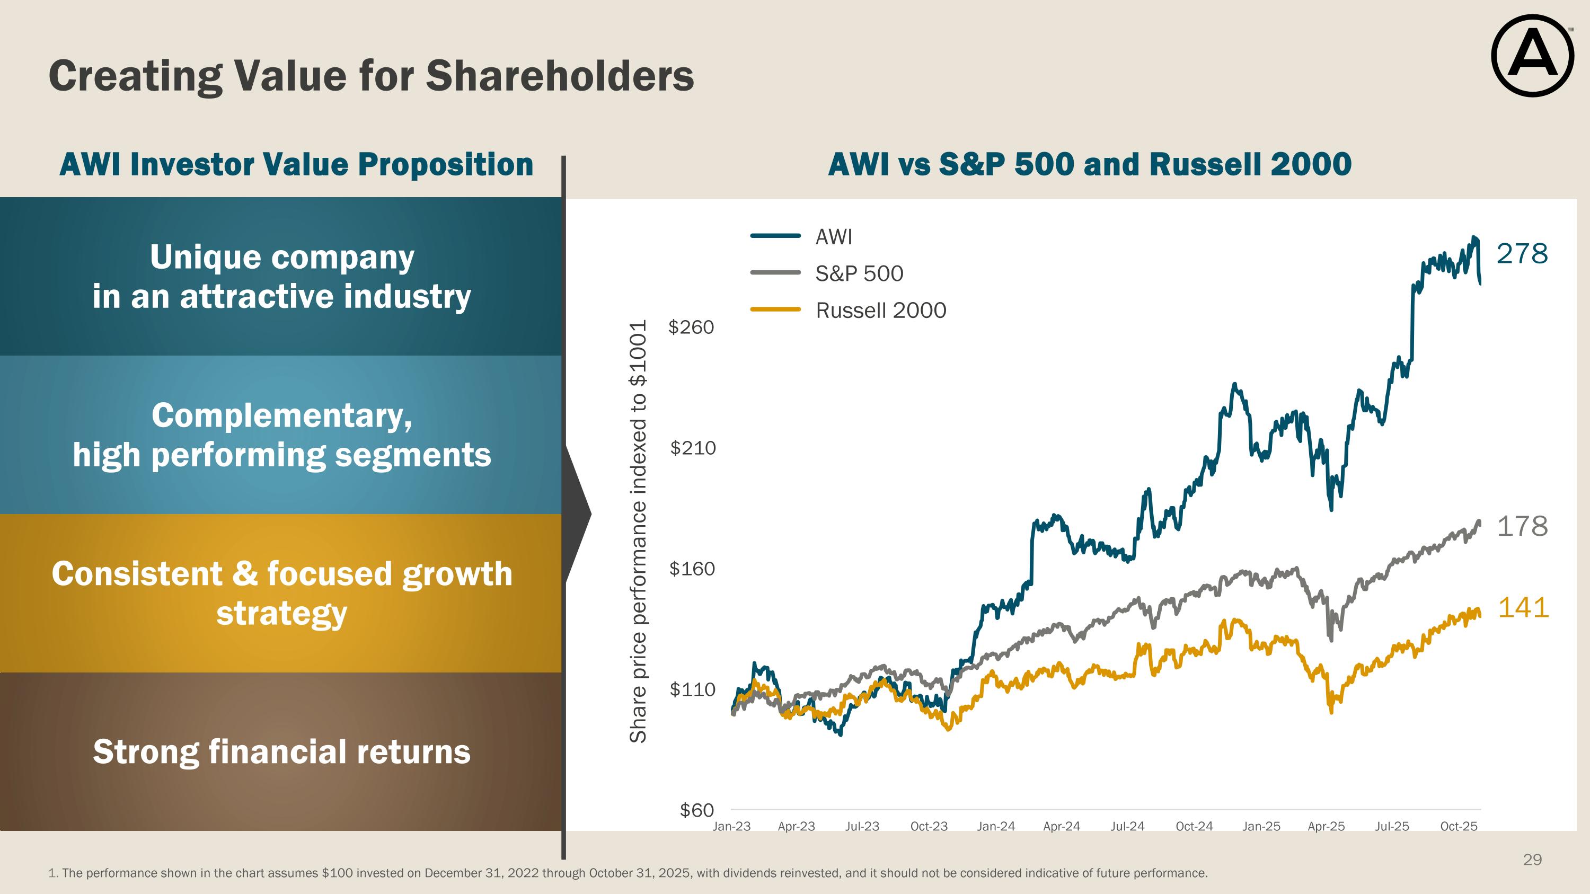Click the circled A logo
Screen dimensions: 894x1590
coord(1533,56)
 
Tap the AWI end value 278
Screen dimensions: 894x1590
coord(1522,254)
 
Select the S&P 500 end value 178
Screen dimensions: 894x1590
coord(1522,526)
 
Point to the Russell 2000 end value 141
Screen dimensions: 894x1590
coord(1523,608)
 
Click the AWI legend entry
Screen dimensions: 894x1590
coord(833,237)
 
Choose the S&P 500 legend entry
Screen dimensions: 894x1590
coord(859,273)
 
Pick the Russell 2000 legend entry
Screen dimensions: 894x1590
coord(880,311)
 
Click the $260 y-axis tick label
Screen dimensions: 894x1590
coord(691,327)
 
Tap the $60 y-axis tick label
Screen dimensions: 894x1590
coord(696,810)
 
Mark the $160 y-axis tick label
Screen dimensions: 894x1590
coord(692,569)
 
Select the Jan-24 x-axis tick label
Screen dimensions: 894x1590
coord(995,827)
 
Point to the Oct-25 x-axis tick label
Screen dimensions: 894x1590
coord(1459,827)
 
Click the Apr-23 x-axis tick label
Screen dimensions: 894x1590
coord(796,827)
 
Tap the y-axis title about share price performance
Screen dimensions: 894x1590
coord(638,530)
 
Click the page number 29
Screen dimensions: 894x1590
coord(1532,860)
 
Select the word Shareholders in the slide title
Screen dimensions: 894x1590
coord(559,76)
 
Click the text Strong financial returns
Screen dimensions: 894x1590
coord(281,751)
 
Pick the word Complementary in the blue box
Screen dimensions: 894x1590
coord(281,415)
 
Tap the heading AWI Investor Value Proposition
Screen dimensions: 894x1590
coord(296,165)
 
